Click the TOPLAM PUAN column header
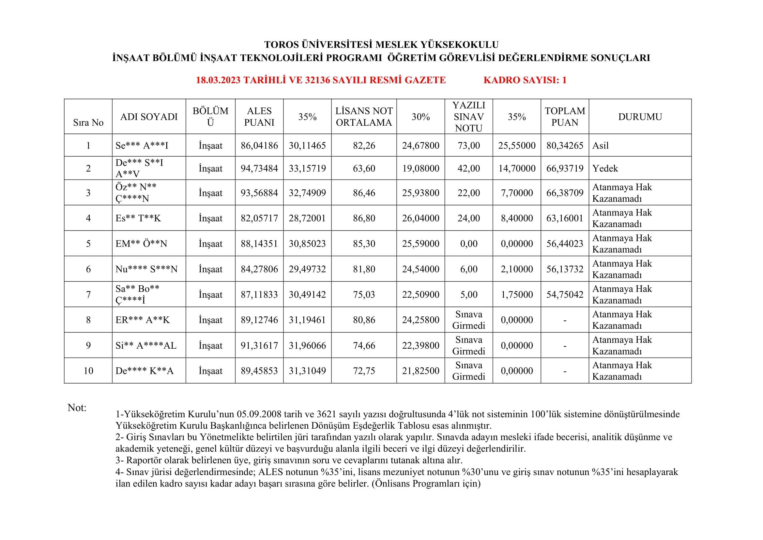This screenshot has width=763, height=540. [565, 117]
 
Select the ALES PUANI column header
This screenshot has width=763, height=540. [259, 117]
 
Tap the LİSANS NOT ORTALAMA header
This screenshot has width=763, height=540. [364, 117]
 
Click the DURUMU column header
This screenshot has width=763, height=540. [640, 117]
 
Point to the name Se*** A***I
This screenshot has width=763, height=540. [142, 146]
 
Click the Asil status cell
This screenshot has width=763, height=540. [601, 146]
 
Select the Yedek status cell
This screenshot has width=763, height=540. [605, 168]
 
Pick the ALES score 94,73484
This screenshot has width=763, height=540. [259, 168]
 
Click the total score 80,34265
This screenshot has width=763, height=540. [565, 146]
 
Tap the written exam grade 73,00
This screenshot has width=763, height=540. [468, 146]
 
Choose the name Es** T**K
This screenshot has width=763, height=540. [138, 218]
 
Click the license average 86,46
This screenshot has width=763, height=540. [364, 193]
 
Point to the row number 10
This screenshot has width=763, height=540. [88, 371]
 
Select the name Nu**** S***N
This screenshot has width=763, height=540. [146, 269]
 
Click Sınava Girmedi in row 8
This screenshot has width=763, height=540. [468, 320]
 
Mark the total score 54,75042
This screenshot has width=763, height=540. [565, 294]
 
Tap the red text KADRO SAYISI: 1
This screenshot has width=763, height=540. [525, 80]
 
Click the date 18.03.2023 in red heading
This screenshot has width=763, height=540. [218, 80]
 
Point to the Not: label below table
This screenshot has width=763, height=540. [77, 408]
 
